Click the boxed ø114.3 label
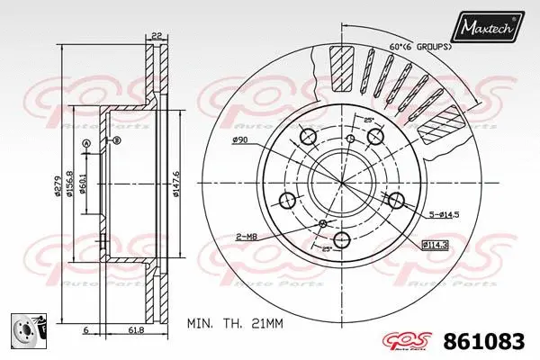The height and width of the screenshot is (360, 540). tap(435, 245)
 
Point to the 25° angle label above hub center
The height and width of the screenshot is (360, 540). tap(368, 121)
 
